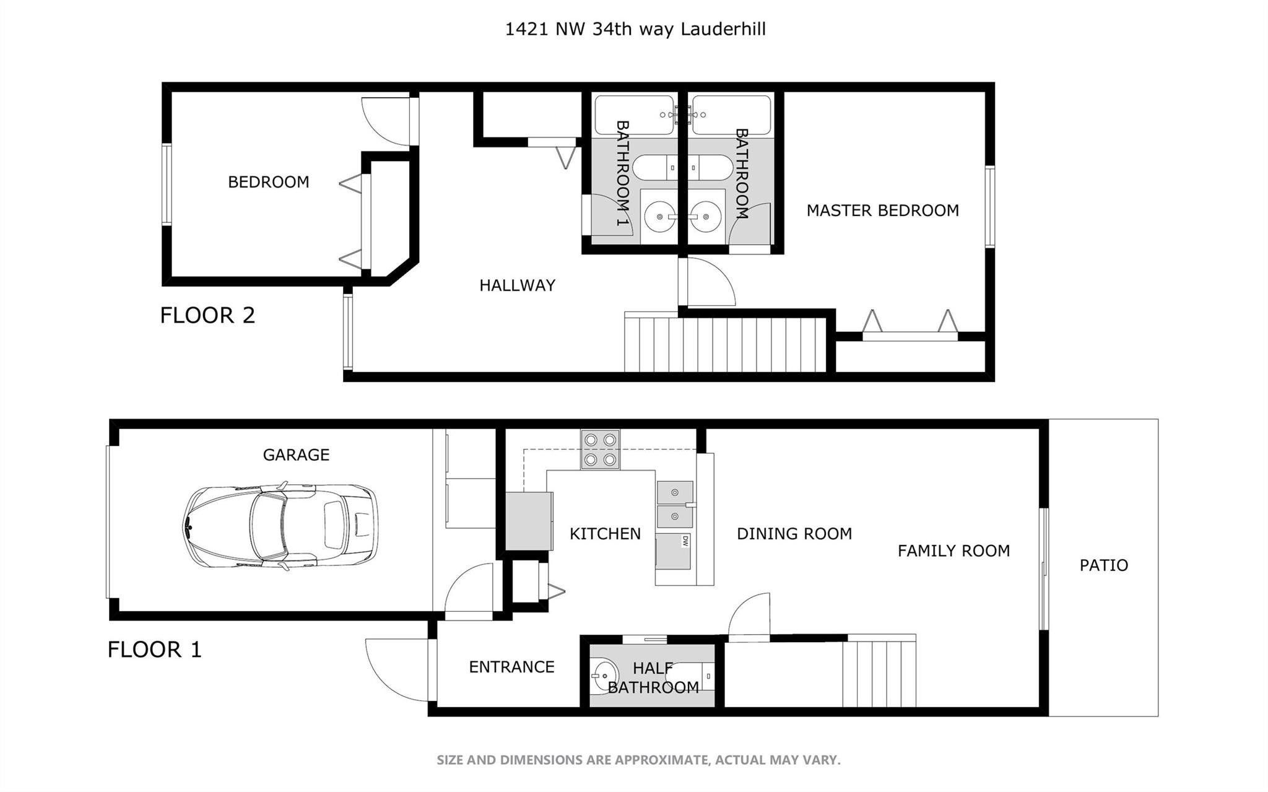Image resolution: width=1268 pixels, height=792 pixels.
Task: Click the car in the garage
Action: pos(280,526)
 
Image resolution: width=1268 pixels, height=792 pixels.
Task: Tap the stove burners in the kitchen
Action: pos(600,450)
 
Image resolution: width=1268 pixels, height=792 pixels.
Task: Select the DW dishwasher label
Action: pos(685,541)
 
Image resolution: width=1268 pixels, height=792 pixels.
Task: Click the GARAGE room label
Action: pos(296,455)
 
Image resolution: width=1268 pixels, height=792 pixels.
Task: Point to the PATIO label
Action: pos(1103,565)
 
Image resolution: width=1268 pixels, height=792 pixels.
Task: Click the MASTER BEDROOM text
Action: pos(882,211)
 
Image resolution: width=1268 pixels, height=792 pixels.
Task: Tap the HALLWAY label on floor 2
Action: pos(517,285)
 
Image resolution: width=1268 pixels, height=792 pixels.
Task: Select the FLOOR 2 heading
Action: pos(207,315)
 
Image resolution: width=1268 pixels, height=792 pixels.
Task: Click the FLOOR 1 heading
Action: pos(155,650)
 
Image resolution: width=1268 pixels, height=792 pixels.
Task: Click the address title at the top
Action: pos(635,29)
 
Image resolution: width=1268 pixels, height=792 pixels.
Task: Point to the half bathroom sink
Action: pos(604,676)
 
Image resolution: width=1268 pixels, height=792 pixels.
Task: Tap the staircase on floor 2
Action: pos(724,344)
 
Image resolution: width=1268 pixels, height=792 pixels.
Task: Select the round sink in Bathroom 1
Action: pos(660,217)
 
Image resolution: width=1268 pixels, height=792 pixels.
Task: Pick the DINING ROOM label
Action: pos(794,534)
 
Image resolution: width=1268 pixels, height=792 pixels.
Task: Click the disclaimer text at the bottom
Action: pos(638,760)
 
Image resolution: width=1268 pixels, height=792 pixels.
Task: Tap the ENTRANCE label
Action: pos(511,667)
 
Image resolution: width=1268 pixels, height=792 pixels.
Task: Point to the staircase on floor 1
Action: pos(879,674)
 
